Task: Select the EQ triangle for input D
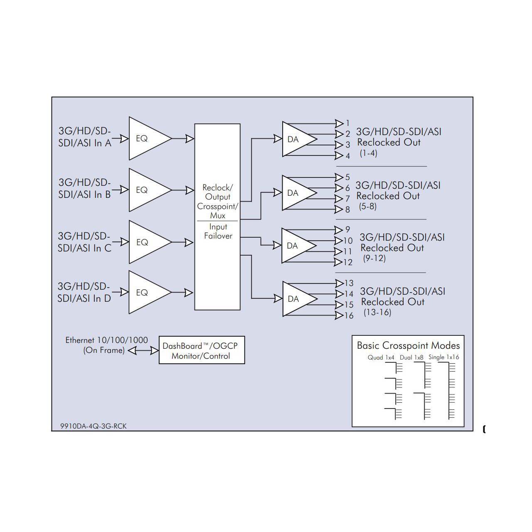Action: pyautogui.click(x=146, y=293)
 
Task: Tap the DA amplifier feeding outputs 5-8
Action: pyautogui.click(x=296, y=193)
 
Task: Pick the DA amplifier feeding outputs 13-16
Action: pyautogui.click(x=296, y=299)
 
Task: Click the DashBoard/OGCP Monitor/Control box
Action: pyautogui.click(x=202, y=350)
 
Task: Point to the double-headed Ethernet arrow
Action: pyautogui.click(x=143, y=351)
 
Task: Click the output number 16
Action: pyautogui.click(x=349, y=316)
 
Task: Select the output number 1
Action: pyautogui.click(x=348, y=123)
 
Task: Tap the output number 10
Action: pyautogui.click(x=348, y=241)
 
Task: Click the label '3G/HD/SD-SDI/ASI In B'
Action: pyautogui.click(x=85, y=188)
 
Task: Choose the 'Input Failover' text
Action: pyautogui.click(x=218, y=231)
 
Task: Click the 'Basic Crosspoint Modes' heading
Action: pyautogui.click(x=408, y=345)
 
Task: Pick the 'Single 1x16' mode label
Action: pyautogui.click(x=444, y=357)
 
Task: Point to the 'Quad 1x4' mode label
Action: pyautogui.click(x=381, y=357)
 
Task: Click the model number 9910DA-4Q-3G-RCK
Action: pyautogui.click(x=94, y=426)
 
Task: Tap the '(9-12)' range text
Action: pyautogui.click(x=374, y=258)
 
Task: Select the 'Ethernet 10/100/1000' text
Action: pyautogui.click(x=106, y=340)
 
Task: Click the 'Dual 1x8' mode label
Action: pyautogui.click(x=411, y=357)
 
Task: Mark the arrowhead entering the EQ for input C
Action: pyautogui.click(x=124, y=241)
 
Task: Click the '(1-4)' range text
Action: pyautogui.click(x=368, y=153)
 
